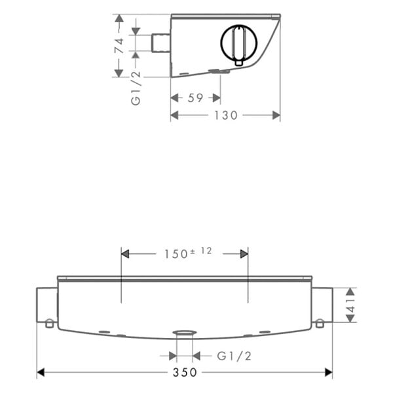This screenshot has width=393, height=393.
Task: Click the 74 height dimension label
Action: [x=119, y=46]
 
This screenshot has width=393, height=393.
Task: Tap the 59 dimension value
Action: [x=195, y=98]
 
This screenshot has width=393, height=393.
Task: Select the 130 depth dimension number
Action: [x=225, y=115]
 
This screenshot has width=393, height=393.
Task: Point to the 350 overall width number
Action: [x=185, y=373]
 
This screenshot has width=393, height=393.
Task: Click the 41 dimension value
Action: [x=350, y=305]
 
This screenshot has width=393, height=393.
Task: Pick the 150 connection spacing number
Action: [x=176, y=254]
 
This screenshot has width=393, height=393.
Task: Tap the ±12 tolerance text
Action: [x=201, y=251]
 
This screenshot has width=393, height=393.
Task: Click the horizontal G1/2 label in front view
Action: [x=234, y=356]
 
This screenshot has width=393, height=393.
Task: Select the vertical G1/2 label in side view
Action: [x=136, y=88]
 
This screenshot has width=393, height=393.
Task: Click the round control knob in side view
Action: [x=239, y=43]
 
